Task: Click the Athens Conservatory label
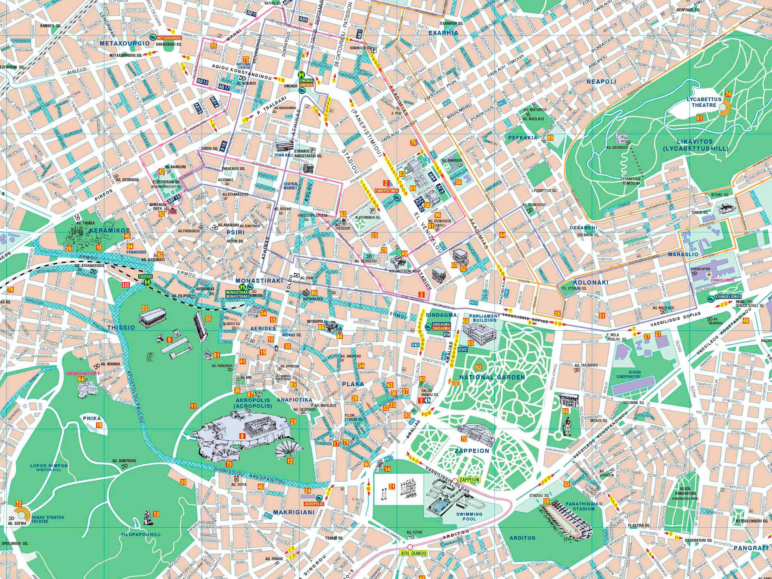click(x=631, y=374)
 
